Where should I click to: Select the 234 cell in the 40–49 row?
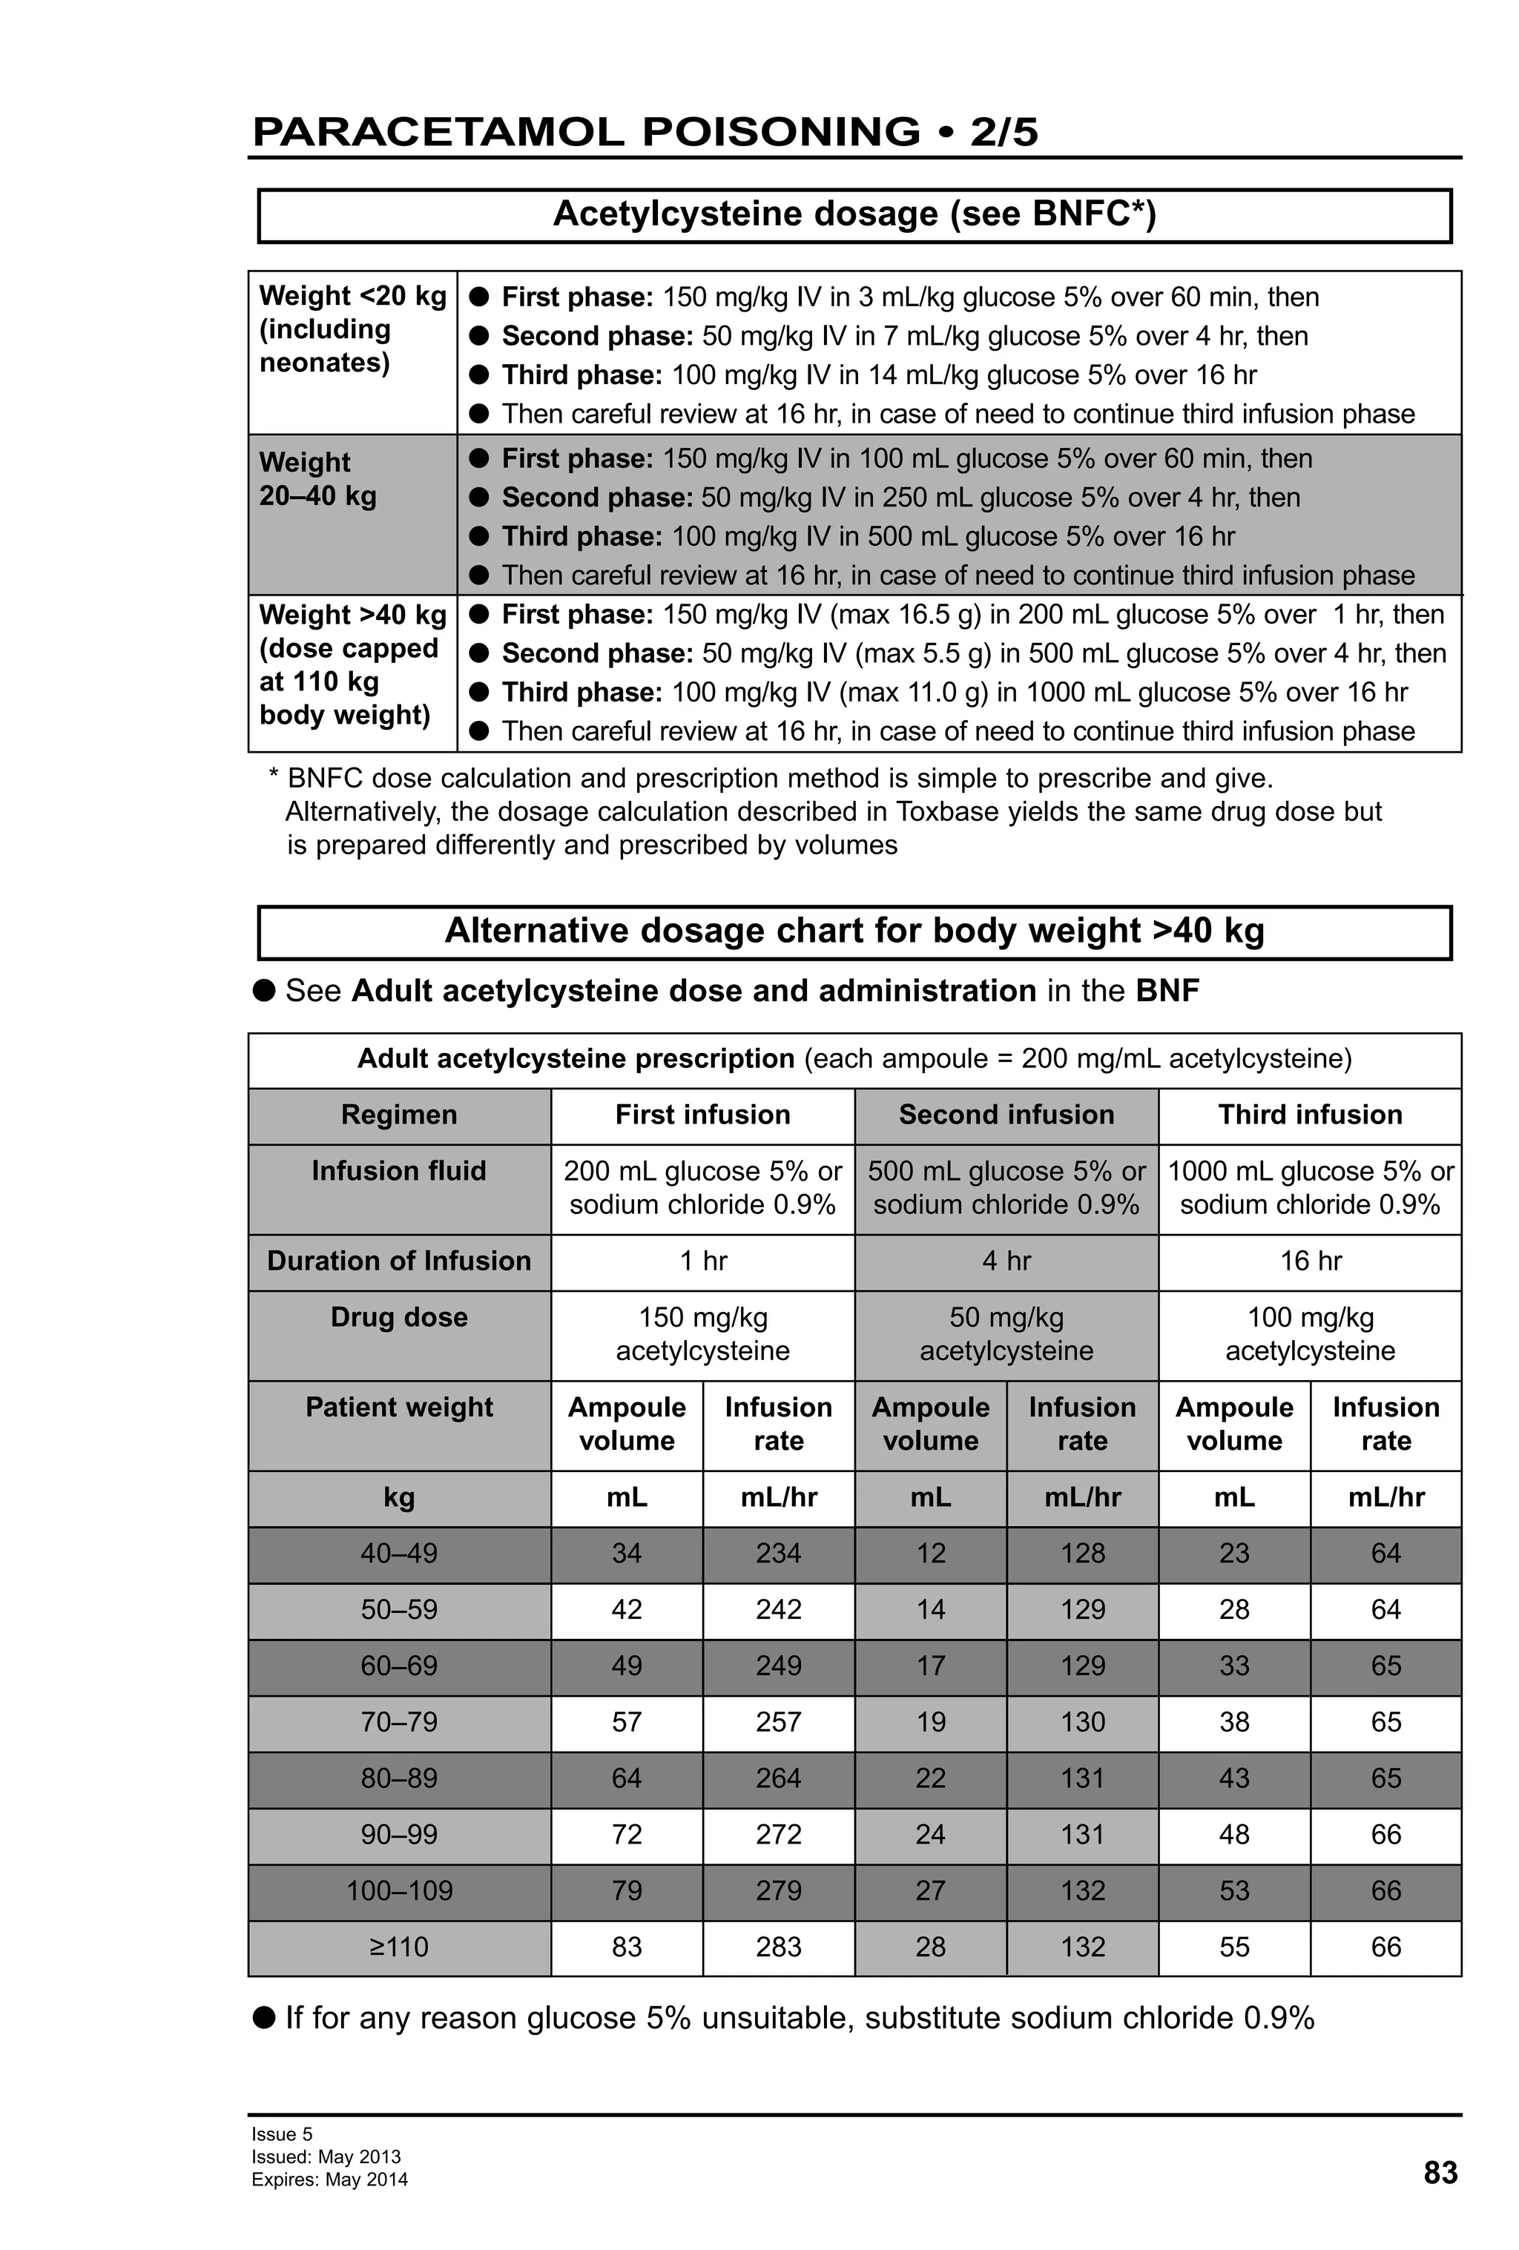point(777,1553)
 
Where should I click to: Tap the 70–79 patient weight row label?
point(399,1721)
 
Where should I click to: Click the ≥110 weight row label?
point(399,1946)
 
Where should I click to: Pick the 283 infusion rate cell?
point(777,1946)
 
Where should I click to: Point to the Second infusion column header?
point(1005,1115)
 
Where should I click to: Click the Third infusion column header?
point(1309,1115)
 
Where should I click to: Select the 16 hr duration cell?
point(1309,1261)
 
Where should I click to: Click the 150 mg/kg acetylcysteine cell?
point(702,1333)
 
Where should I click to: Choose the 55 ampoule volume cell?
point(1233,1946)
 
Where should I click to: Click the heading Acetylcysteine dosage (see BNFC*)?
point(854,214)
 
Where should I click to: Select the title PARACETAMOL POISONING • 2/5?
point(644,132)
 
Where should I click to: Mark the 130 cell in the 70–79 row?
point(1081,1721)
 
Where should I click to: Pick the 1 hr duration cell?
point(702,1261)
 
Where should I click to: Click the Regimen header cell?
point(399,1115)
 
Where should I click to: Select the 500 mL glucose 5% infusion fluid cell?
point(1005,1187)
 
